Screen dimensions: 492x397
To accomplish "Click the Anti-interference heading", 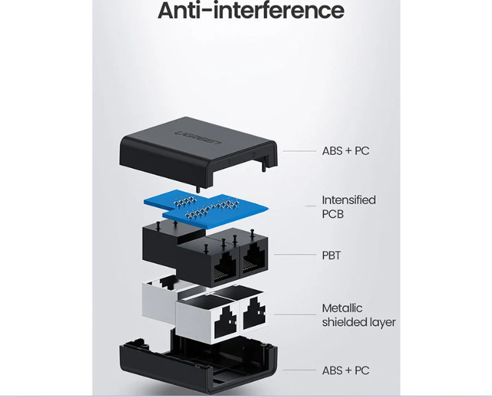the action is pos(251,11).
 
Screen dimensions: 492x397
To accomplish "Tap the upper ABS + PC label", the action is pos(345,151).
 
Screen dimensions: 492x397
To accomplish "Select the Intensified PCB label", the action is pos(348,207).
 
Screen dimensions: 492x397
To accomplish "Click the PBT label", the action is pos(331,255).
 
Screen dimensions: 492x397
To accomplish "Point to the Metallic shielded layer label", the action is pos(358,315).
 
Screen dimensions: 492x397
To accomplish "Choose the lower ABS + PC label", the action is pos(345,371).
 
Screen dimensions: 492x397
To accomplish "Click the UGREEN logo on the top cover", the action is pos(198,138).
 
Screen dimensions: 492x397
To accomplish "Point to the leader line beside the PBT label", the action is pos(295,255).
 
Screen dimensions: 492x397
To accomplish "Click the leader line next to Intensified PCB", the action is pos(311,206).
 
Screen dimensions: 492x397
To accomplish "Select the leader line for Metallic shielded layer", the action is pos(295,314).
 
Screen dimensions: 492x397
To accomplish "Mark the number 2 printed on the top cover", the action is pos(253,155).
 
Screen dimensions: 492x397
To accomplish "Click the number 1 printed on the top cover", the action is pos(229,162).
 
